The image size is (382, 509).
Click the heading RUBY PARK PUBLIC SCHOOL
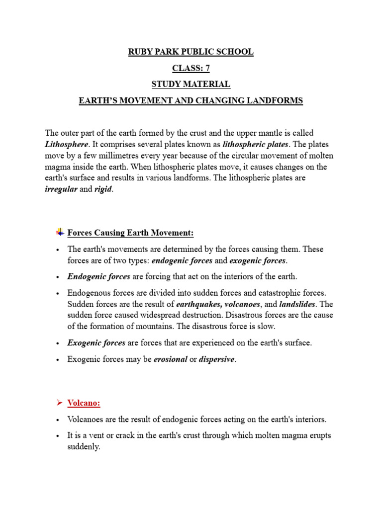191,52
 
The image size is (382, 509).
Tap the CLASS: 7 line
191,68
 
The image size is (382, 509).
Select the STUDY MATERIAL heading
191,85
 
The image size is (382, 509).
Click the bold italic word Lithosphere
66,144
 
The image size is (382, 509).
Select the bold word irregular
61,190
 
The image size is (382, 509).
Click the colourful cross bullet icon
60,232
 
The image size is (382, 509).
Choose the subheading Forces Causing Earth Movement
130,233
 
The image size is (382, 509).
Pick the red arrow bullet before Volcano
59,402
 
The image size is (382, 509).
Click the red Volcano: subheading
84,403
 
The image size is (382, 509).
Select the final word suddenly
84,447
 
